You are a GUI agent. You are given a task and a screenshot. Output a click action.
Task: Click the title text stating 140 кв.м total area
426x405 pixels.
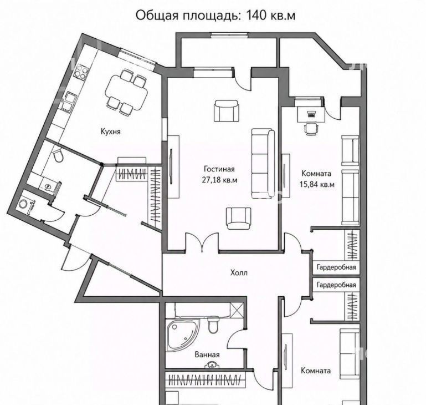(x=215, y=15)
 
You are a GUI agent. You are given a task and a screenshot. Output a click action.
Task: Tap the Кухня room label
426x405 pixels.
(x=110, y=131)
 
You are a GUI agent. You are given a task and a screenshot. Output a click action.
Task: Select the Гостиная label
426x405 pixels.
(x=219, y=169)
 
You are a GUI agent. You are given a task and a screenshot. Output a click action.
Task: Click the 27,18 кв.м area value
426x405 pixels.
(x=219, y=180)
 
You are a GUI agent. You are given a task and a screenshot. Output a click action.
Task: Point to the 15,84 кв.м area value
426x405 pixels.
(x=317, y=184)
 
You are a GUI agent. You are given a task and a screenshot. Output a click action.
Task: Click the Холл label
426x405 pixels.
(x=239, y=272)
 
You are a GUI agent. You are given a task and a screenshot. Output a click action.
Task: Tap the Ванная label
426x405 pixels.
(x=207, y=355)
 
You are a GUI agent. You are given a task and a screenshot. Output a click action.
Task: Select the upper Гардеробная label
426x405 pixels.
(x=336, y=267)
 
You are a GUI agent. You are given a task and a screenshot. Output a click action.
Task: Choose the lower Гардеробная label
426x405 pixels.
(x=336, y=285)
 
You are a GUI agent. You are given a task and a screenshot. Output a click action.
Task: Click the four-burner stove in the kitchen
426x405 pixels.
(x=81, y=72)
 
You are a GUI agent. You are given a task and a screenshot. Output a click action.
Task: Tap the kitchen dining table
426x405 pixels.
(x=127, y=92)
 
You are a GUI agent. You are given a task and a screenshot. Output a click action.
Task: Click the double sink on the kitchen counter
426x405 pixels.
(x=68, y=102)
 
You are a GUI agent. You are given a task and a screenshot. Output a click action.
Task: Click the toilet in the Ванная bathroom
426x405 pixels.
(x=213, y=325)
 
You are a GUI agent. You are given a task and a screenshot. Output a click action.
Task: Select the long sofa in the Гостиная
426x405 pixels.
(x=263, y=163)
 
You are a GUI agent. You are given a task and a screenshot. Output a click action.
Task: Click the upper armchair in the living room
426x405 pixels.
(x=227, y=110)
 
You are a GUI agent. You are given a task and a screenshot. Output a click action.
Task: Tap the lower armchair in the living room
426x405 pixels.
(x=239, y=218)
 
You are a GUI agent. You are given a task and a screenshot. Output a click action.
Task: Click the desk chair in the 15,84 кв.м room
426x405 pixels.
(x=311, y=129)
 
